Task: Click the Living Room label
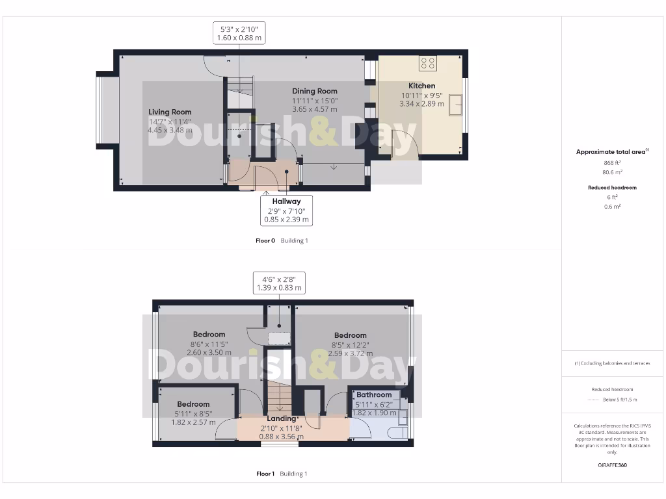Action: coord(170,112)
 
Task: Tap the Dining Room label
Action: coord(315,91)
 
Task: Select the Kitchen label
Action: coord(421,86)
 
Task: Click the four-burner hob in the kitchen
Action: coord(428,63)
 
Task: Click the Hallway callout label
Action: coord(286,201)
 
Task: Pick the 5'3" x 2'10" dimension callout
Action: coord(239,33)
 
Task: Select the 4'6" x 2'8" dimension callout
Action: coord(279,283)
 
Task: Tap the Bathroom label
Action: coord(374,394)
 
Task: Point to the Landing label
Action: coord(281,418)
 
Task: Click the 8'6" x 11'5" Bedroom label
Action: coord(209,335)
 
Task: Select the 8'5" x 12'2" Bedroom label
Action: coord(351,335)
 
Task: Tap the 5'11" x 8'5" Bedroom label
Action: coord(193,404)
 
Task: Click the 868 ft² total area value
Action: coord(611,162)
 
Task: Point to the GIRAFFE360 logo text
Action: coord(612,465)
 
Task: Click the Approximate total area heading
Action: coord(611,152)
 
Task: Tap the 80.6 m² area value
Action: coord(611,173)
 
